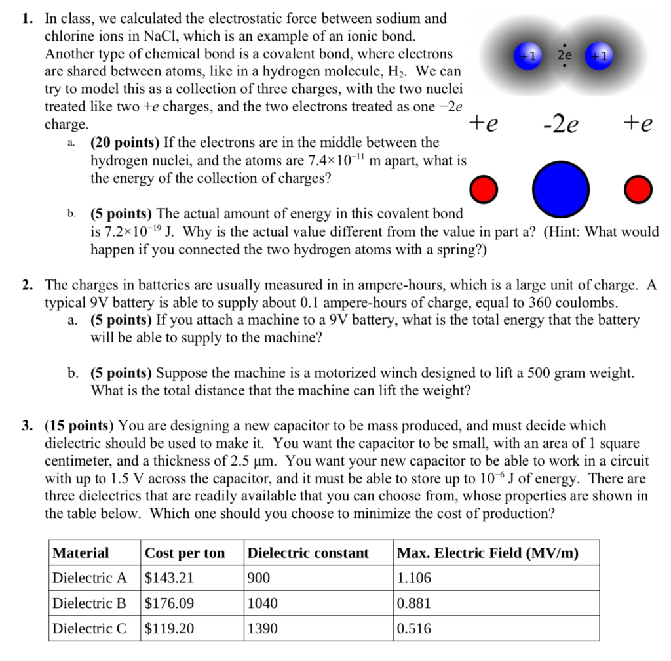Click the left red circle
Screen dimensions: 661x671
[486, 190]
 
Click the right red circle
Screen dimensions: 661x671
[638, 190]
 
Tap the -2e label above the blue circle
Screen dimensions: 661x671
[561, 124]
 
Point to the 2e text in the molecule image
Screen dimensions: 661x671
[564, 56]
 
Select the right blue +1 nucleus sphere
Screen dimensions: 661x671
[599, 56]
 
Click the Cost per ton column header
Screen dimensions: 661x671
[184, 553]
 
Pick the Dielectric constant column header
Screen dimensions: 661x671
[308, 553]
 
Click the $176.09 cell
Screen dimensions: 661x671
[169, 603]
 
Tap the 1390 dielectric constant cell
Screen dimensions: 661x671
[262, 628]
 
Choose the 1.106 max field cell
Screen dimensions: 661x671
[414, 578]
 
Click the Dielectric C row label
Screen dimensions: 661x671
[89, 628]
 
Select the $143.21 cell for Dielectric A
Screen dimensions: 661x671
[169, 578]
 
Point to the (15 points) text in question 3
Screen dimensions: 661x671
[79, 425]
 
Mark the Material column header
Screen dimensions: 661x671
[81, 553]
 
